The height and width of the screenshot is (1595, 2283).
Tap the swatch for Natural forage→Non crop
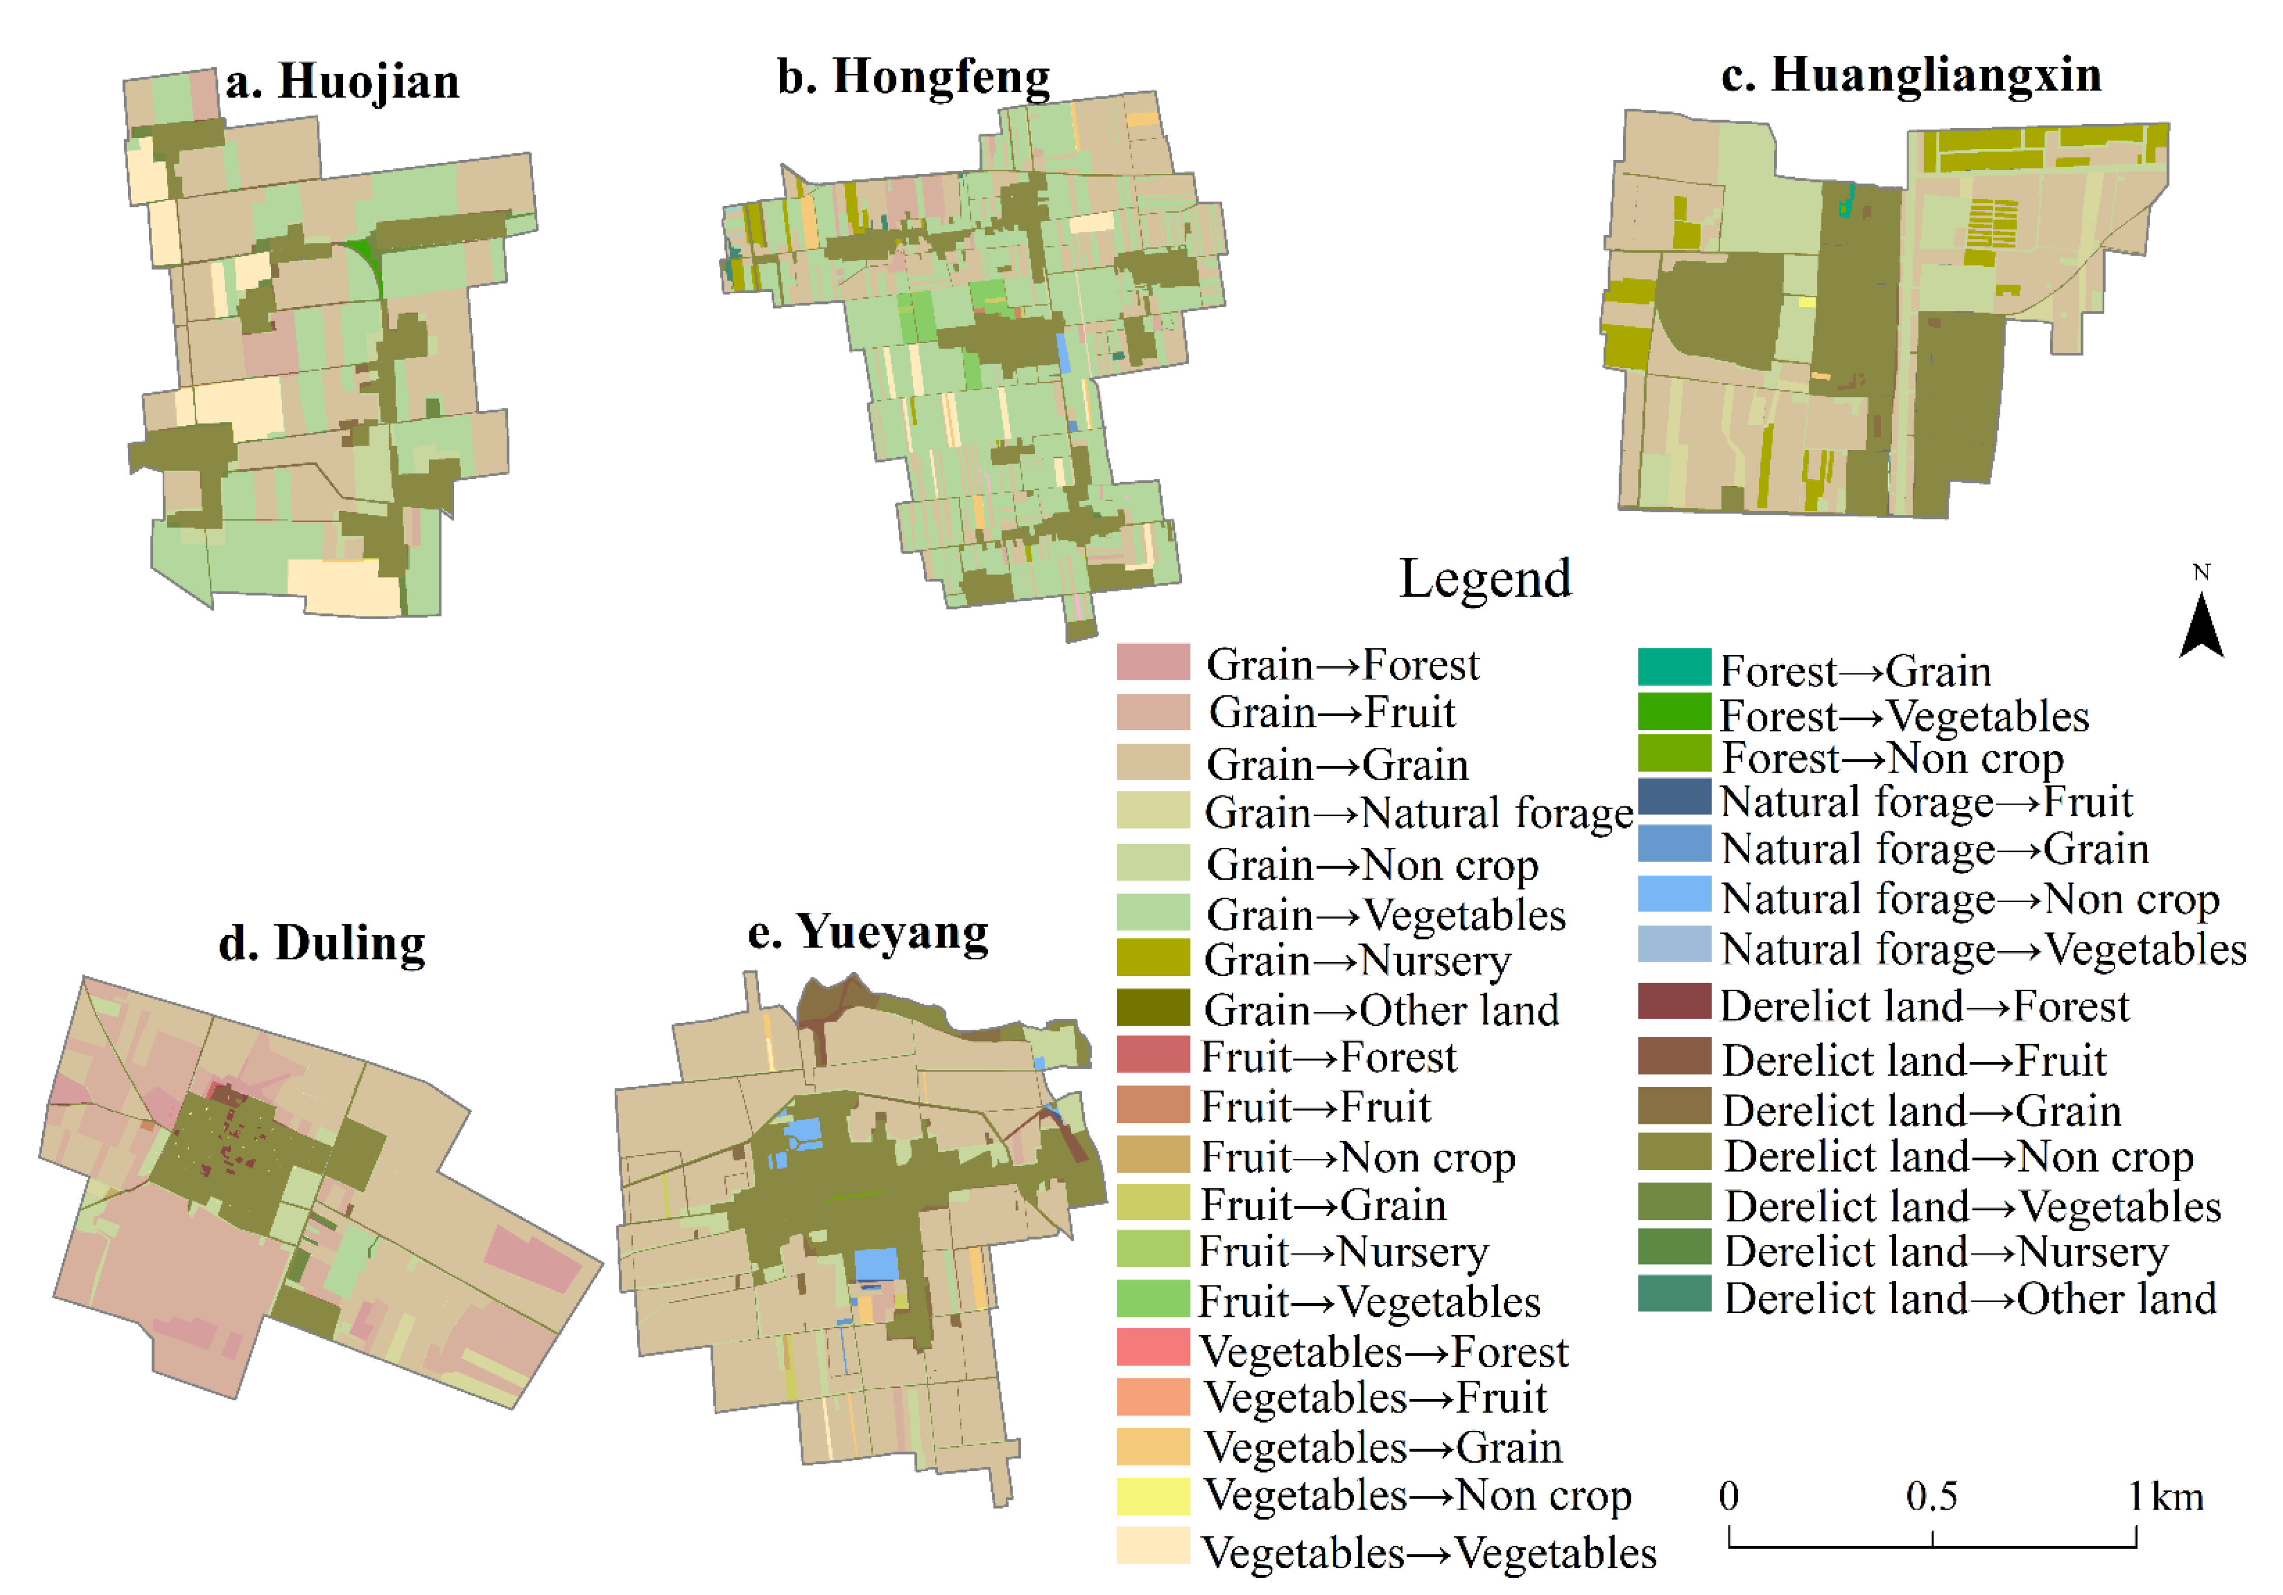pyautogui.click(x=1675, y=894)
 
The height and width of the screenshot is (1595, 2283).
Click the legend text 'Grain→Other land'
pyautogui.click(x=1381, y=1010)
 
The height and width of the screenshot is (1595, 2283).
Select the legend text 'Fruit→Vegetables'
pyautogui.click(x=1369, y=1302)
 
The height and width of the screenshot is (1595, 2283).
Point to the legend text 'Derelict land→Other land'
pyautogui.click(x=1970, y=1299)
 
